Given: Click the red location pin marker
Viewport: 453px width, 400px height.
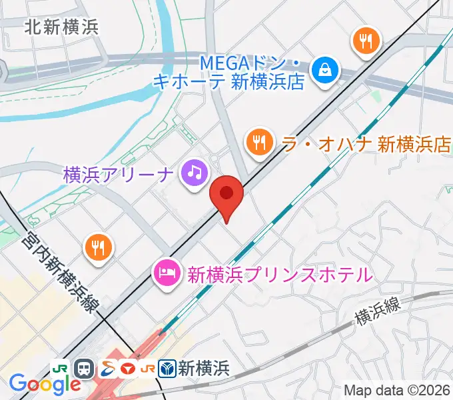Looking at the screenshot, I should [226, 195].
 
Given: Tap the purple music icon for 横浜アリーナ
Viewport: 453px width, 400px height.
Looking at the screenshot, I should [193, 173].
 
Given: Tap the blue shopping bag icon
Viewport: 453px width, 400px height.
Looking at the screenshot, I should [326, 68].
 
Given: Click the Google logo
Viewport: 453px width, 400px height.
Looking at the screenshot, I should [44, 383].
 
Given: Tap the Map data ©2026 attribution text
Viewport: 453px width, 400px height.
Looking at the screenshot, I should [398, 391].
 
